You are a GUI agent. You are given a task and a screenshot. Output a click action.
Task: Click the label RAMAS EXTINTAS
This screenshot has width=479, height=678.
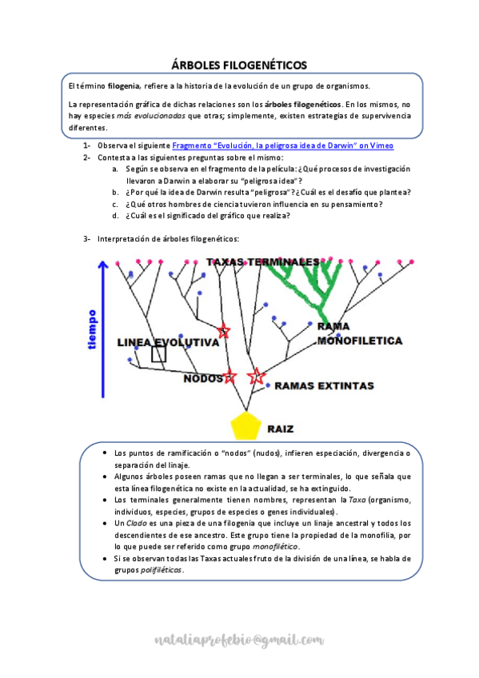324,386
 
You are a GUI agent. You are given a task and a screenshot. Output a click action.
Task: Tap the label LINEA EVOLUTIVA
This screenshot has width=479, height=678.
168,342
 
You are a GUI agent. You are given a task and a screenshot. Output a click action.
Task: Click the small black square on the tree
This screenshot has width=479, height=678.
159,354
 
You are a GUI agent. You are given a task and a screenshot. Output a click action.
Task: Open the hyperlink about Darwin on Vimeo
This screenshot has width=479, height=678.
283,146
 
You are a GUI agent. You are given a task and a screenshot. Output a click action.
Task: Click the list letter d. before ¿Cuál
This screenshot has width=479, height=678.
115,215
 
